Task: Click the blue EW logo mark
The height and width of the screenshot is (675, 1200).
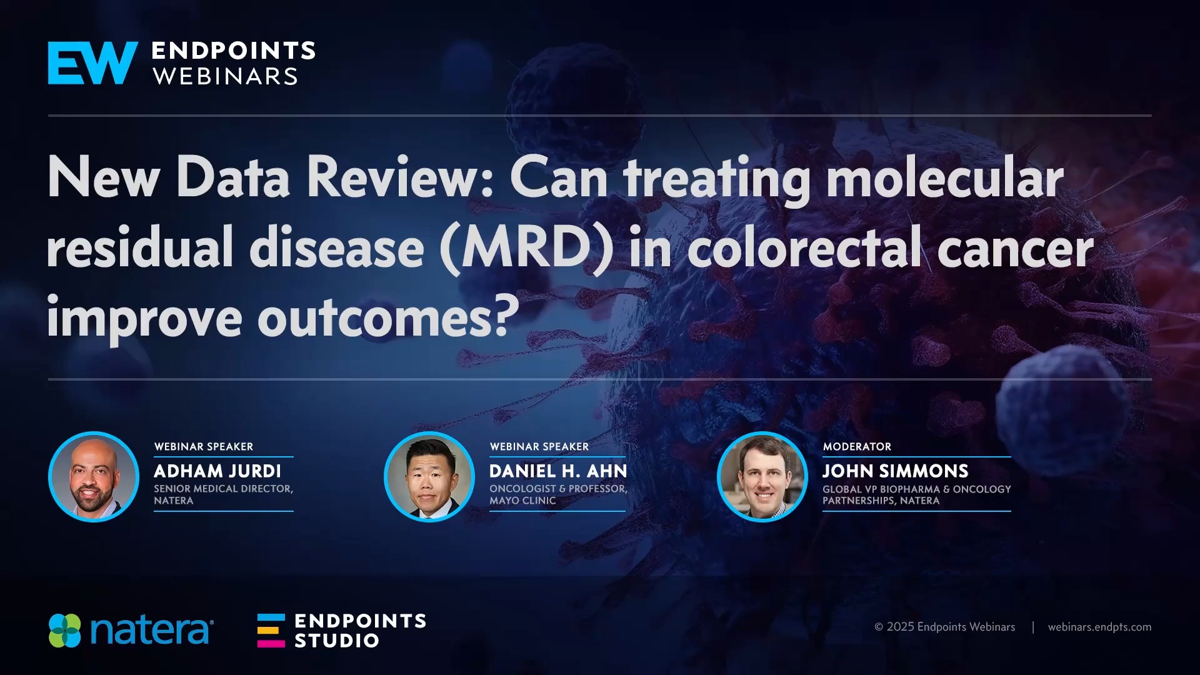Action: [92, 63]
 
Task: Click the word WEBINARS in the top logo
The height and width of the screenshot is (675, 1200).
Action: [225, 77]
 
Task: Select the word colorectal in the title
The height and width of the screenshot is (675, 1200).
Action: [805, 249]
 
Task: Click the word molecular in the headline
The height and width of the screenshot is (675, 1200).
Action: [944, 179]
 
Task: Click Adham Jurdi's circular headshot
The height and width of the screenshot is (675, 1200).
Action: [94, 477]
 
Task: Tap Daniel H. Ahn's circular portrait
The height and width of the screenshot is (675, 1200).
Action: [429, 477]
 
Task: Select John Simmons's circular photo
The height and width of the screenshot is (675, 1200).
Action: [762, 477]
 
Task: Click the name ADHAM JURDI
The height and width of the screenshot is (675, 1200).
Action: [217, 471]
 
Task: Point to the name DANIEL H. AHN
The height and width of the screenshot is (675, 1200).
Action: [558, 471]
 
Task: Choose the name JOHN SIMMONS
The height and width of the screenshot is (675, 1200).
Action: [895, 471]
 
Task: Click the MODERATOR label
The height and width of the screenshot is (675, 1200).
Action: [857, 447]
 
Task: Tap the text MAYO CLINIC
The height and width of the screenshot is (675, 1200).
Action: [522, 501]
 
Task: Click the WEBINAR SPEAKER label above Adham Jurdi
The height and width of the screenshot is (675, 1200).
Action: [204, 447]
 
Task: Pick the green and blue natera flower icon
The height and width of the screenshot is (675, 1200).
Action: [65, 631]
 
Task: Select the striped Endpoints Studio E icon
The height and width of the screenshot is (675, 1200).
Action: [271, 631]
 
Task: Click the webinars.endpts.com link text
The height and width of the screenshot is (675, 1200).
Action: [1099, 627]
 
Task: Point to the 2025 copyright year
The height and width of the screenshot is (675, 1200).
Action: [900, 627]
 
